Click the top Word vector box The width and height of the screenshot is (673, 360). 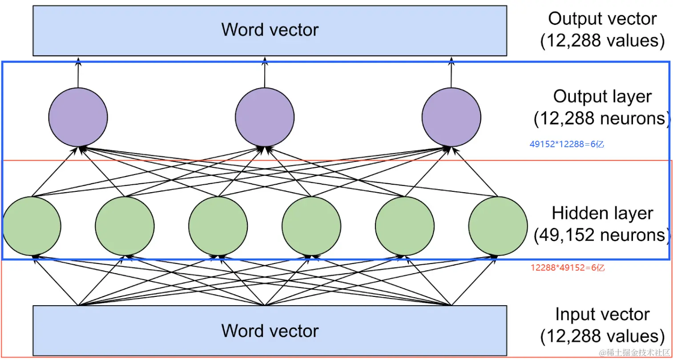270,30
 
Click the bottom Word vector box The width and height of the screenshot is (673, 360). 270,331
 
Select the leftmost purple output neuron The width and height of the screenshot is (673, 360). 78,117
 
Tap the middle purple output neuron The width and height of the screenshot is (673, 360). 265,117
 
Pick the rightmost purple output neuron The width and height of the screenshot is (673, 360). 451,117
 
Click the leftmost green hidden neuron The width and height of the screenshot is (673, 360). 32,226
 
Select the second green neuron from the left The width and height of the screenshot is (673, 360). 125,226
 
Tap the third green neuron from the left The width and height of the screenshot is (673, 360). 218,226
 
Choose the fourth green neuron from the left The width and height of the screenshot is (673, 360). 311,226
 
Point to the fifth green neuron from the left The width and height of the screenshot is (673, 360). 405,226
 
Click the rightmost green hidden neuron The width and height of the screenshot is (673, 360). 498,226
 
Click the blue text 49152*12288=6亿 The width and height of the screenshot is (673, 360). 567,144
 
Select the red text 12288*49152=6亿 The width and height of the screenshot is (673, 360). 568,268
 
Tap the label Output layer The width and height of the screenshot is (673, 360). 602,97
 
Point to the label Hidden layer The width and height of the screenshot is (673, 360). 602,213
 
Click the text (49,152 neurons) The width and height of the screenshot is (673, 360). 602,235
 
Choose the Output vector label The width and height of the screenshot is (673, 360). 602,19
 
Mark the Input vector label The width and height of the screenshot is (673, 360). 602,315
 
